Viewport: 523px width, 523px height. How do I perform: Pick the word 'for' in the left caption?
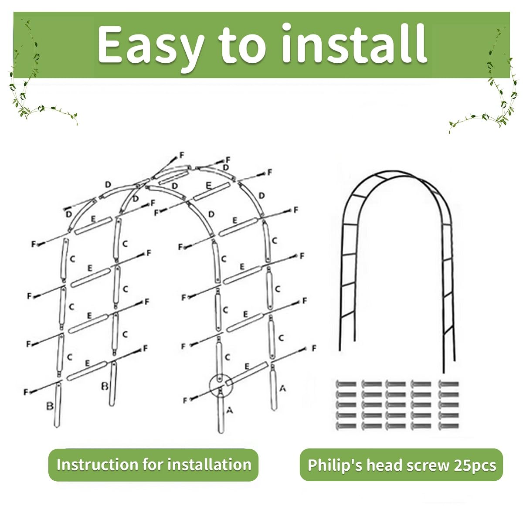tap(153, 465)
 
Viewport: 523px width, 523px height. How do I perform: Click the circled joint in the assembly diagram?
tap(220, 385)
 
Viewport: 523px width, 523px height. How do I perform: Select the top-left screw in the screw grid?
tap(346, 384)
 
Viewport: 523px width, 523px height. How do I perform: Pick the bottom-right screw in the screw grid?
tap(449, 426)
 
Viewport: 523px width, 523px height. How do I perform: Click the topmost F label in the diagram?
tap(182, 155)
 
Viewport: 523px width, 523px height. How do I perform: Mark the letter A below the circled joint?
tap(230, 410)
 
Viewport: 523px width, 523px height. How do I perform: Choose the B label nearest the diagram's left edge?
tap(50, 406)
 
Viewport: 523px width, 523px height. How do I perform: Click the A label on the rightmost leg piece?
tap(282, 388)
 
